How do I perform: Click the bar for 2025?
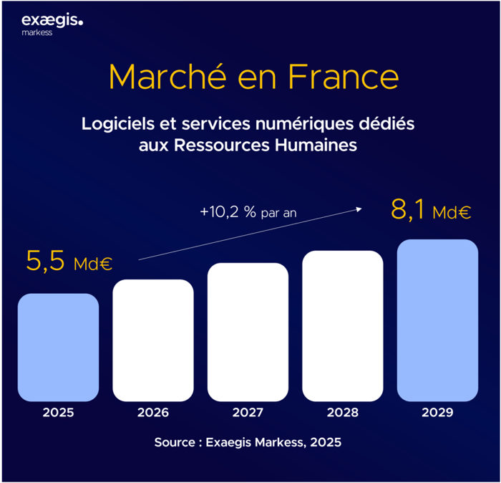click(x=58, y=347)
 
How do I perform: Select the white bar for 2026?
click(x=153, y=340)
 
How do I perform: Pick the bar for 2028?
click(x=343, y=325)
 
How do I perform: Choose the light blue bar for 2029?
click(x=437, y=320)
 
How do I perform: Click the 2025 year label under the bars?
click(x=58, y=413)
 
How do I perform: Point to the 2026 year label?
click(x=153, y=413)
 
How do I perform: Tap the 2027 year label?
click(x=248, y=413)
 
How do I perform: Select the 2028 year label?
click(x=343, y=413)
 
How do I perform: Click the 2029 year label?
click(x=437, y=413)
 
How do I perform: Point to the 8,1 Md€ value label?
click(x=430, y=211)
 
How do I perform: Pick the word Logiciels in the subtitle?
click(x=117, y=124)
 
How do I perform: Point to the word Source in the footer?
click(x=174, y=442)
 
